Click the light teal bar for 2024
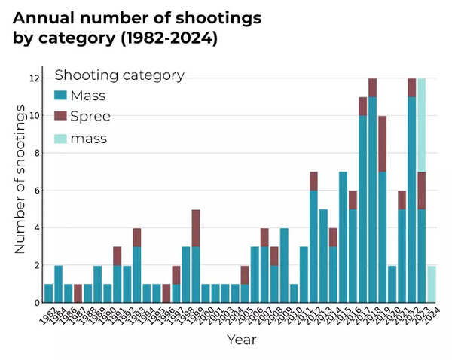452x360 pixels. point(431,284)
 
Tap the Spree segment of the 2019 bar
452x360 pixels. point(383,143)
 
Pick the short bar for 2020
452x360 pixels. point(392,284)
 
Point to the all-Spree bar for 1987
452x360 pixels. point(78,293)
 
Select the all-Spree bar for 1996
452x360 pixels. point(166,293)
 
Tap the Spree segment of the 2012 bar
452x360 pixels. point(313,181)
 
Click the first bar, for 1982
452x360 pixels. point(48,293)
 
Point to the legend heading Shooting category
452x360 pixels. point(119,75)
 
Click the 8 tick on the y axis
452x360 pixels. point(35,153)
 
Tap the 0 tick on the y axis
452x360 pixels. point(35,303)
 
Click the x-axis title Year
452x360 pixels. point(242,340)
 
